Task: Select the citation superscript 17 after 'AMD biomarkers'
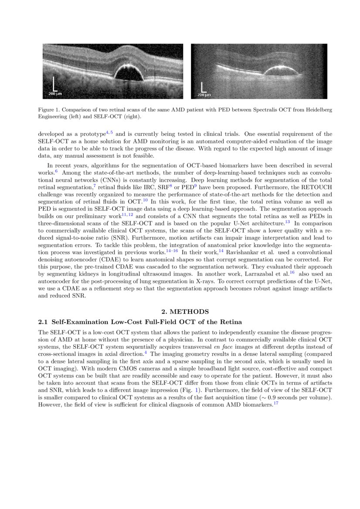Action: [275, 403]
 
